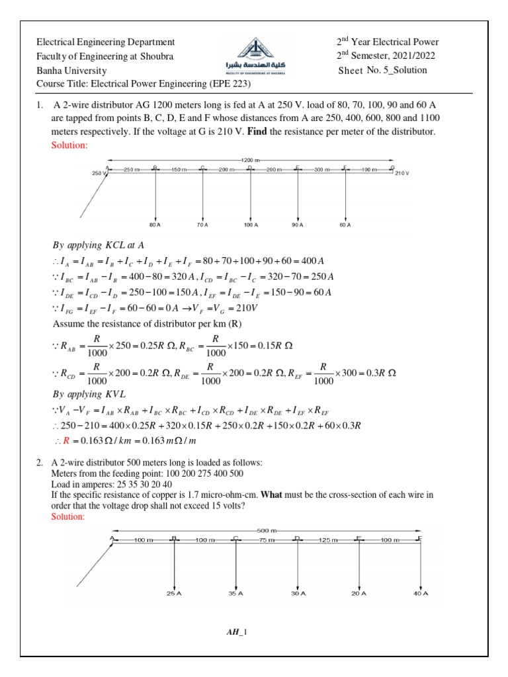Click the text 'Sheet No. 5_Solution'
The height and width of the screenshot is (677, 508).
click(x=382, y=70)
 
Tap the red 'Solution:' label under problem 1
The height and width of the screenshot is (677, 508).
click(x=69, y=145)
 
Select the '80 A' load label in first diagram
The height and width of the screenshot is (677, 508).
click(x=155, y=225)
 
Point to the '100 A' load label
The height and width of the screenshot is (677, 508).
click(x=250, y=225)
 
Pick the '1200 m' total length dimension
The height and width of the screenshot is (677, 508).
click(x=249, y=160)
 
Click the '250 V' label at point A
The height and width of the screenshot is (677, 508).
click(x=99, y=173)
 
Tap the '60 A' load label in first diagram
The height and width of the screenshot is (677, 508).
click(x=345, y=225)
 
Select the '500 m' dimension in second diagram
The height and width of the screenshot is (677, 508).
click(x=267, y=530)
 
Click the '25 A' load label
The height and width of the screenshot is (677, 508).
click(x=173, y=594)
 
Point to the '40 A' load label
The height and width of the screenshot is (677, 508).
click(x=421, y=594)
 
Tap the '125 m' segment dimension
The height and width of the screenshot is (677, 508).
click(x=328, y=540)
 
